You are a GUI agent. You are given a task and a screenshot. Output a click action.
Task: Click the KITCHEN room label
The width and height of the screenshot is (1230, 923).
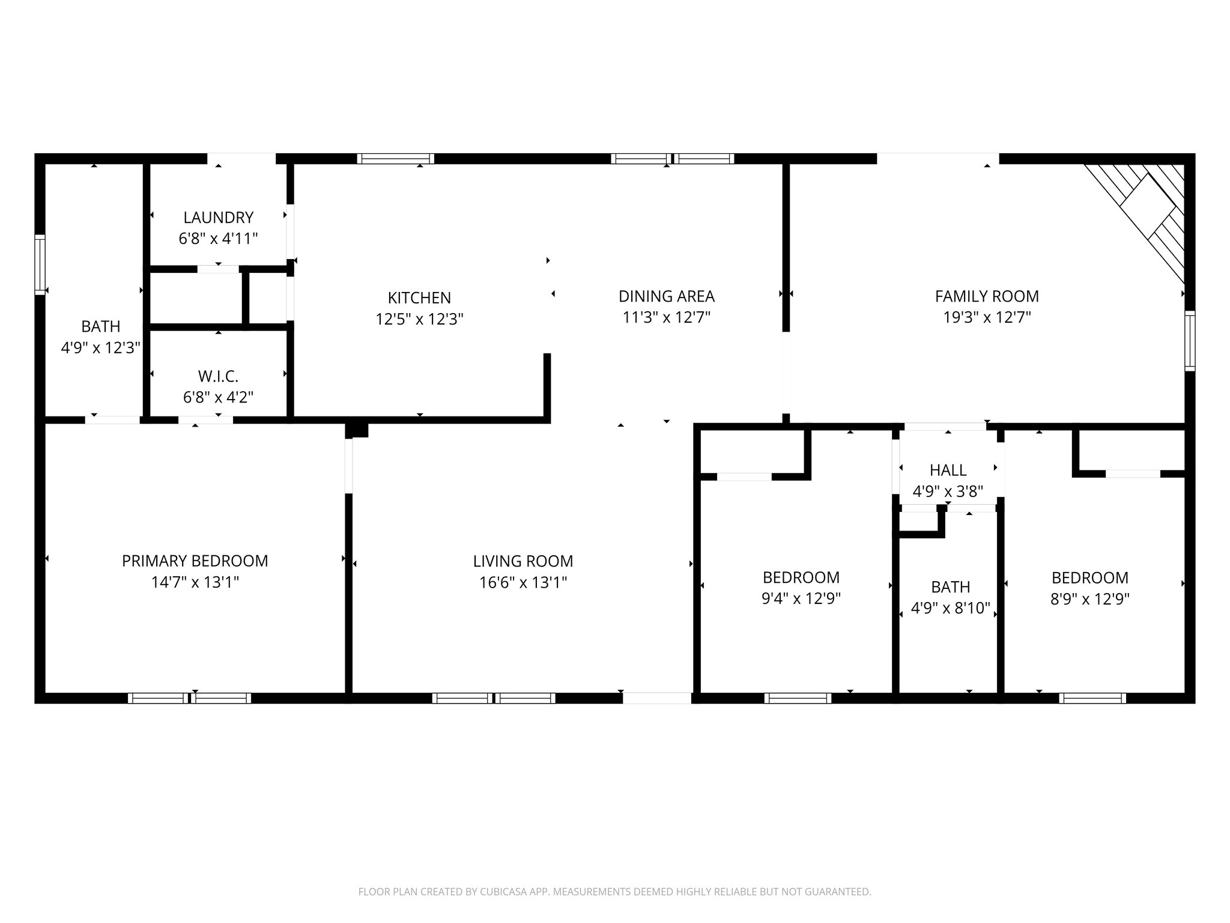click(419, 298)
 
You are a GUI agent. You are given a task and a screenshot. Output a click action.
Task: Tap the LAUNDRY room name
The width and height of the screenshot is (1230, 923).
click(218, 218)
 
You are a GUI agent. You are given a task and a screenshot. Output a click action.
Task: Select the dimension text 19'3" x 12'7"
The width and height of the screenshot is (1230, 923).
click(987, 317)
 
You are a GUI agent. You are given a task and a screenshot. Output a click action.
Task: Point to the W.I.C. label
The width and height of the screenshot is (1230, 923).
click(218, 377)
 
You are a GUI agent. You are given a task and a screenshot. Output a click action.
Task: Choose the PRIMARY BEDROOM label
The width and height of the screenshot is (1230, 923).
click(195, 561)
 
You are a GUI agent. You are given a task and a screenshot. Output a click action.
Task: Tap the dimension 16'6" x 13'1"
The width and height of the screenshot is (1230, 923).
click(523, 582)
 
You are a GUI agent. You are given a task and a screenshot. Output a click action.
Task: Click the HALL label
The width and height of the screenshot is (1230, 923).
click(948, 471)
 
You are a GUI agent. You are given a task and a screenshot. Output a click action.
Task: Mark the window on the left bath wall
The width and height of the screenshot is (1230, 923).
click(40, 264)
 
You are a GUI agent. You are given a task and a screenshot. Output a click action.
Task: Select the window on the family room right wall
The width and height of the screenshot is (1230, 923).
click(1189, 341)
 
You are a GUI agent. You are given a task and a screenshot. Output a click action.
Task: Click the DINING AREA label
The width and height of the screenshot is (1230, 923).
click(666, 296)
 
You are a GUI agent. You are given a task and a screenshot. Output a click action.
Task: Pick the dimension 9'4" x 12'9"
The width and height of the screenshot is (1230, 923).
click(801, 599)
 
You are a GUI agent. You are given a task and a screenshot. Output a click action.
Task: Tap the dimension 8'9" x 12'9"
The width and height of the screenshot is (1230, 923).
click(1089, 599)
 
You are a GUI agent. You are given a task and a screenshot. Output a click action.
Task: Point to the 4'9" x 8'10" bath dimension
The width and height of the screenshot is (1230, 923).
click(950, 608)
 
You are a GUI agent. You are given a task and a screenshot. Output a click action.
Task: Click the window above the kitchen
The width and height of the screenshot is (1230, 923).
click(395, 159)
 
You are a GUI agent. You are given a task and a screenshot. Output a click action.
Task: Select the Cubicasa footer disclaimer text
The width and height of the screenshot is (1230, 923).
click(614, 892)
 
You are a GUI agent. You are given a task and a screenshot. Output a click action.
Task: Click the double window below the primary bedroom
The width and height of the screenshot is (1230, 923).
click(189, 698)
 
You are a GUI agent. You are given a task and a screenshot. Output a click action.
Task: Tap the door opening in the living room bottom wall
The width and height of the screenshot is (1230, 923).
click(656, 698)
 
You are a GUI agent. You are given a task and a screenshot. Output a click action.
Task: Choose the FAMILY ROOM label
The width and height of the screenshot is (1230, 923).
click(987, 296)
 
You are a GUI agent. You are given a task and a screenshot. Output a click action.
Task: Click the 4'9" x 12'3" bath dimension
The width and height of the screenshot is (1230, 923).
click(100, 347)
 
